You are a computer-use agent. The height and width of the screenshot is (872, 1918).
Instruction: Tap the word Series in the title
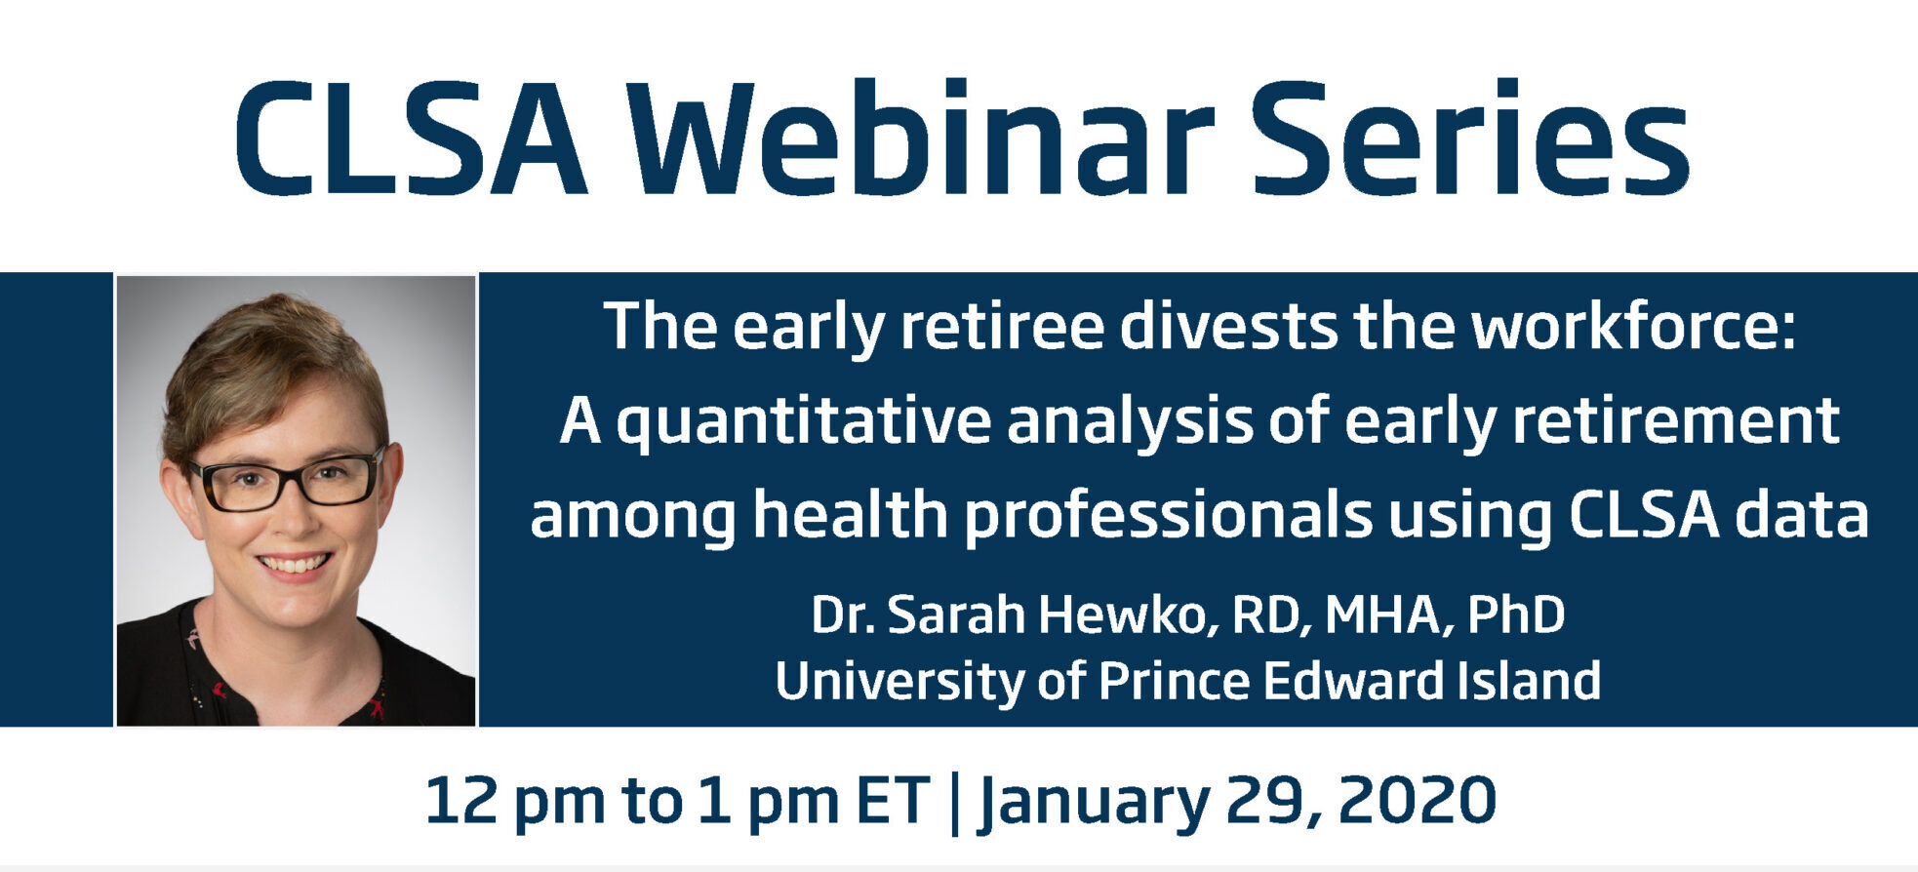click(1470, 138)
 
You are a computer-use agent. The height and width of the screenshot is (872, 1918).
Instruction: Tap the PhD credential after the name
click(1516, 615)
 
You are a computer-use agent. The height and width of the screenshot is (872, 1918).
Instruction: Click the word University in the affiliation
click(899, 681)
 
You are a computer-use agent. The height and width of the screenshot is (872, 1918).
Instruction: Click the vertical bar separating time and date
click(954, 803)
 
